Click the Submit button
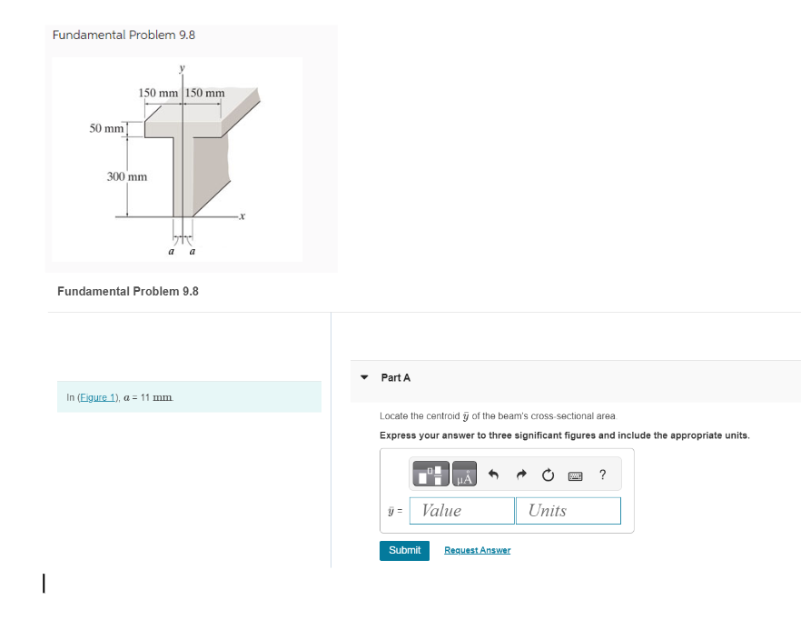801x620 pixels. click(404, 550)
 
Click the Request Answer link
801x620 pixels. click(477, 550)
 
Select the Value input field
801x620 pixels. click(462, 511)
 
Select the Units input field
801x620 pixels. click(568, 511)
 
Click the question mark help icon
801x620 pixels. click(603, 474)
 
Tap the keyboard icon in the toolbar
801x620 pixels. click(576, 475)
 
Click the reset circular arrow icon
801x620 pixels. click(548, 475)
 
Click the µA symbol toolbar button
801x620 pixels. click(464, 475)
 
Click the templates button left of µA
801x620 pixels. click(431, 475)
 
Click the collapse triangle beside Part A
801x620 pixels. click(364, 377)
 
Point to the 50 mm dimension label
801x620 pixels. click(106, 128)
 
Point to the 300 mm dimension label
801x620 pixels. click(127, 176)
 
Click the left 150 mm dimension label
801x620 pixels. click(158, 93)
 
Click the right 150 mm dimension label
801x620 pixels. click(205, 93)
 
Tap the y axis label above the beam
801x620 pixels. click(182, 68)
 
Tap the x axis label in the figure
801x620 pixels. click(243, 216)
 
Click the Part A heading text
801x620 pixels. click(396, 377)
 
